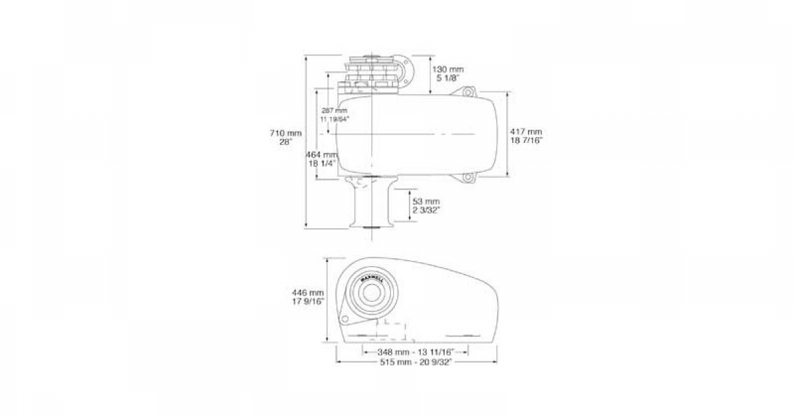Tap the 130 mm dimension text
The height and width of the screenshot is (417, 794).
point(448,69)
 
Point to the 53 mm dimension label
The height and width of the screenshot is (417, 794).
point(425,201)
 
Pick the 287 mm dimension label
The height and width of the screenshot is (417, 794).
point(334,110)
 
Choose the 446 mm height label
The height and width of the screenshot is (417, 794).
point(308,292)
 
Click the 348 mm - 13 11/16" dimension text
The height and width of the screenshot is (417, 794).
point(410,352)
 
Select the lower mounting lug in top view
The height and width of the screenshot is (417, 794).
point(468,177)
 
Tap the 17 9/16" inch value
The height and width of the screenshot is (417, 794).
point(308,301)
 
